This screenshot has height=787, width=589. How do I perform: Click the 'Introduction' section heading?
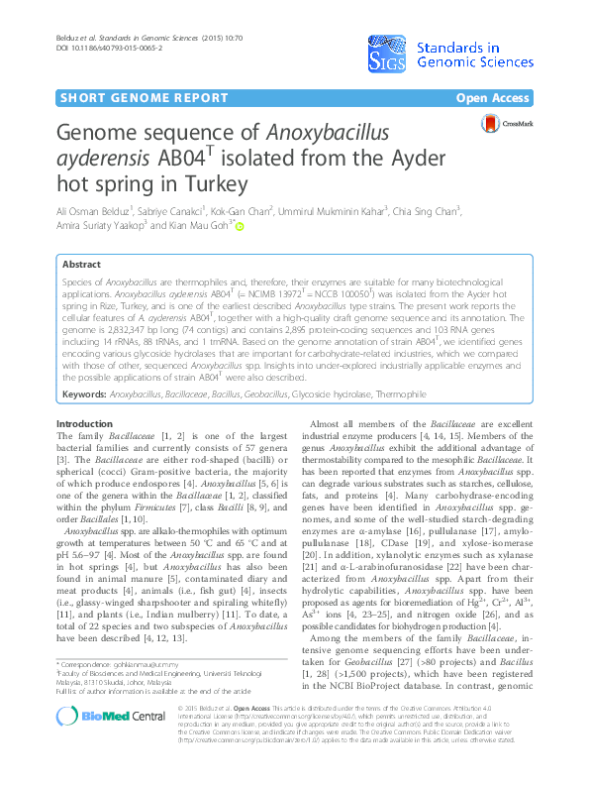[x=85, y=423]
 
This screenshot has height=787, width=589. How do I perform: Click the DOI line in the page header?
[x=94, y=47]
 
